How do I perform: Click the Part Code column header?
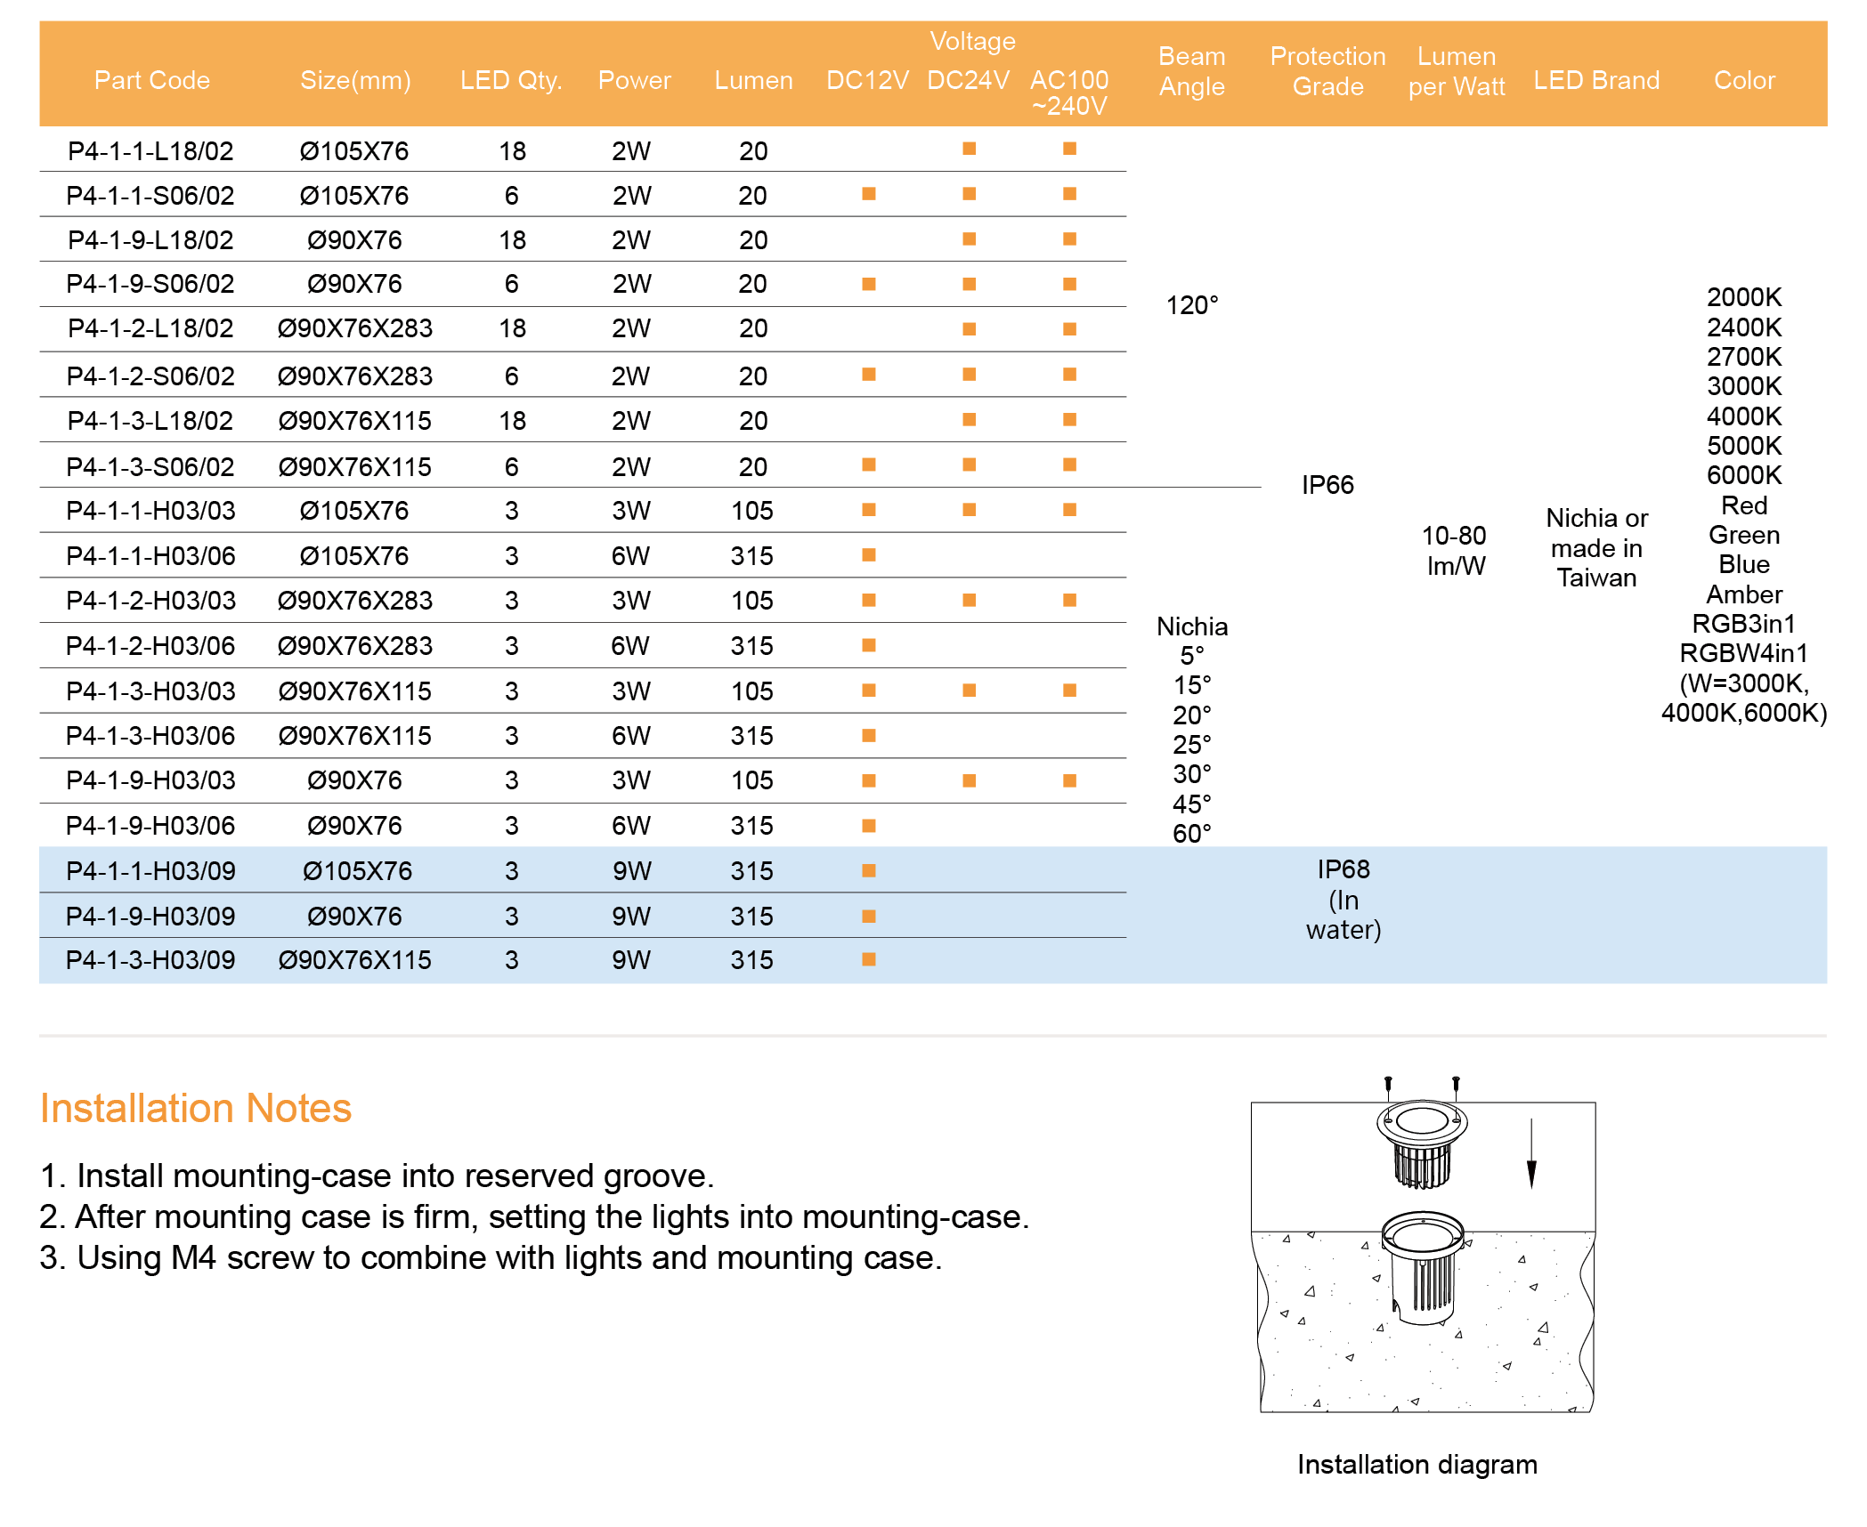click(x=152, y=80)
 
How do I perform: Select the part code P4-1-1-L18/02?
click(x=150, y=151)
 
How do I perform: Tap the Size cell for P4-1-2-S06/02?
click(x=354, y=376)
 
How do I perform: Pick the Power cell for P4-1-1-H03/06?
click(x=630, y=556)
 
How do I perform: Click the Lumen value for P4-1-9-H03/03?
click(x=752, y=780)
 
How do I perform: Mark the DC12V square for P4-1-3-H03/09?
click(x=869, y=959)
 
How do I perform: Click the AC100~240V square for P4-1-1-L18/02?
click(x=1069, y=149)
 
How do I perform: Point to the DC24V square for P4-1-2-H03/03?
click(x=969, y=601)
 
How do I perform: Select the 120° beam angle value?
click(x=1192, y=305)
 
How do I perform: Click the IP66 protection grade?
click(x=1327, y=485)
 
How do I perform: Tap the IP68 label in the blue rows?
click(x=1343, y=869)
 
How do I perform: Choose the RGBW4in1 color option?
click(x=1743, y=653)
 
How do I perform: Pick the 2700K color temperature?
click(x=1743, y=357)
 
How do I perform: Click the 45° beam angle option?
click(x=1192, y=804)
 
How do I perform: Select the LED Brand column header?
click(x=1596, y=80)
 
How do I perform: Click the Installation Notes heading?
click(x=196, y=1109)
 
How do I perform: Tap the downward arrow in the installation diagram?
click(x=1531, y=1157)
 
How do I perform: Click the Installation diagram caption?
click(x=1416, y=1465)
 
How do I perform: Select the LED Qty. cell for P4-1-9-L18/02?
click(x=512, y=240)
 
